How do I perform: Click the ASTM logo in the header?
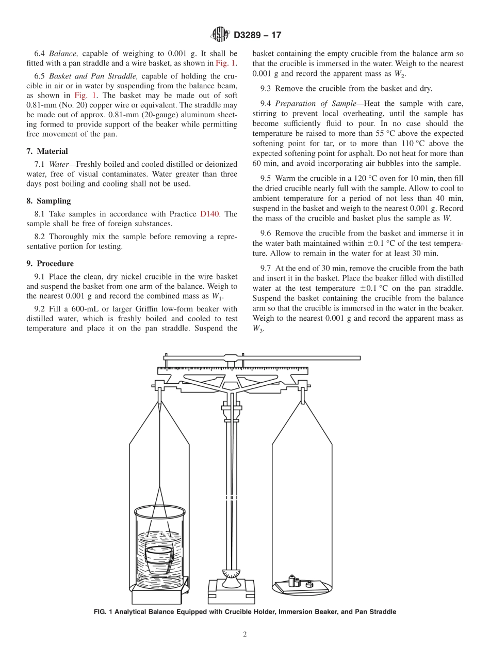pos(220,35)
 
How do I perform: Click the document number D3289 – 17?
pos(257,36)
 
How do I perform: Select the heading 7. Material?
pos(47,151)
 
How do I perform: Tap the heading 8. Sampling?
pos(48,201)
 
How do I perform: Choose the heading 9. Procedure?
pos(50,263)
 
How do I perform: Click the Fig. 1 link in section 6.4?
pos(226,63)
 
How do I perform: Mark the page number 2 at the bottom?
pos(245,635)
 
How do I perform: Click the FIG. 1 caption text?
pos(245,612)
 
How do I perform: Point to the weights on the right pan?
pos(299,582)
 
